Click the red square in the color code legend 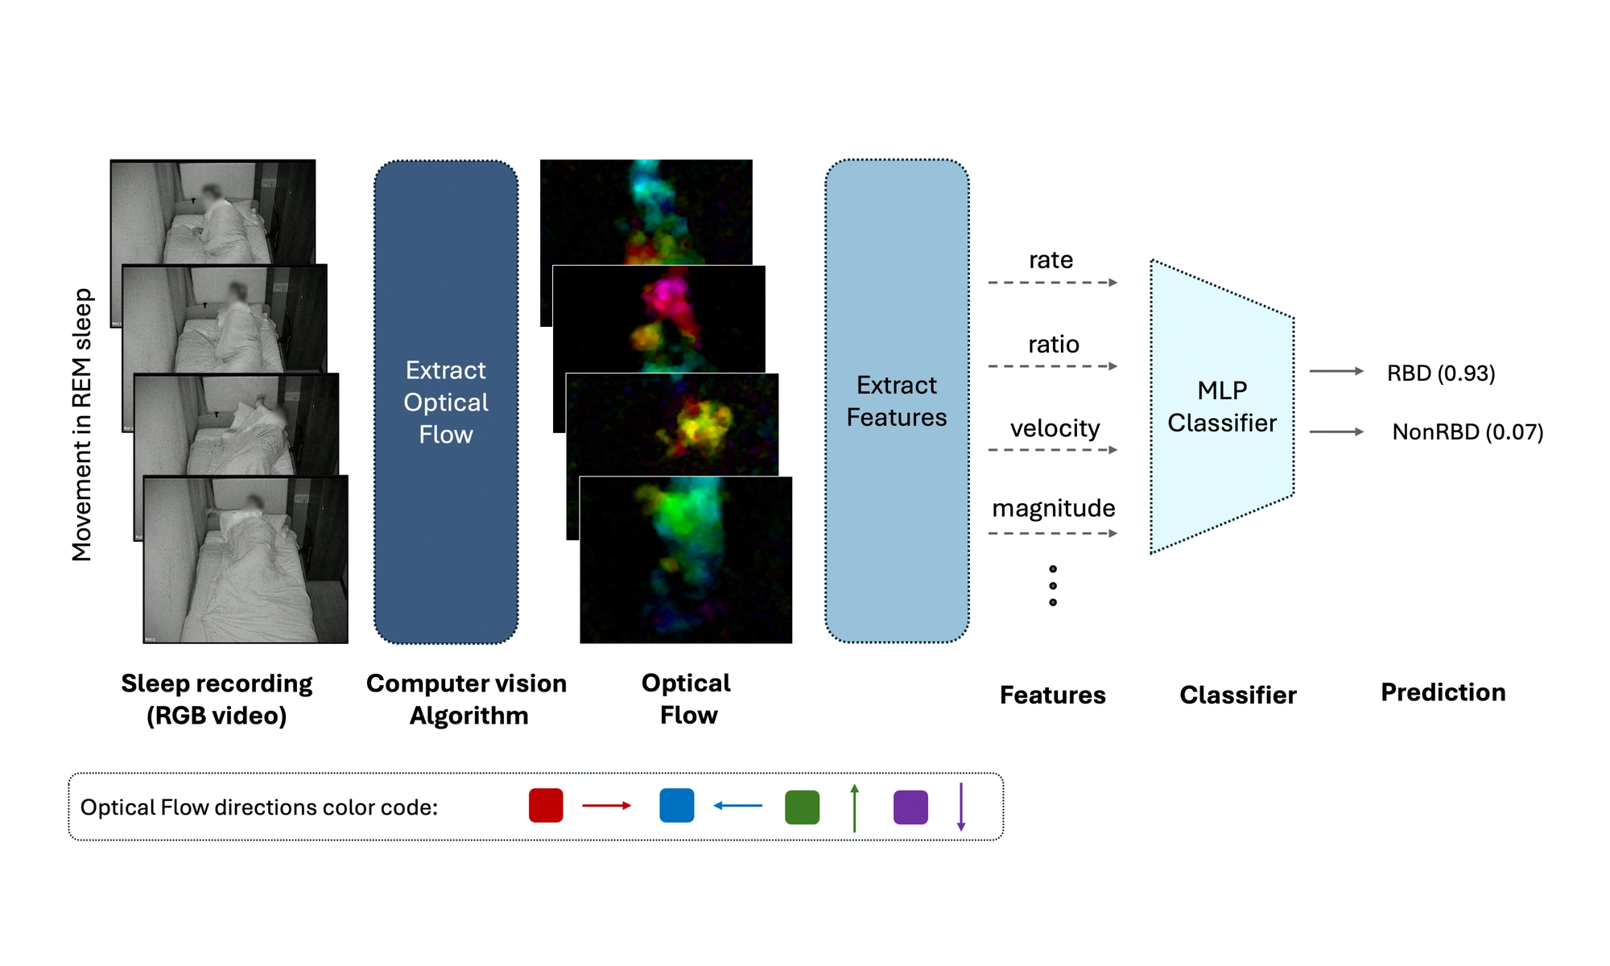click(x=546, y=806)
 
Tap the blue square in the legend click(x=676, y=806)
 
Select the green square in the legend click(x=802, y=807)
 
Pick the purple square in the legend click(x=910, y=807)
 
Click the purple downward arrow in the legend click(x=960, y=807)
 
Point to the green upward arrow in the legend click(x=854, y=807)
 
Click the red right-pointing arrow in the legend click(x=606, y=805)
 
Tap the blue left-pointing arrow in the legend click(x=737, y=805)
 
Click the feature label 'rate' click(x=1051, y=260)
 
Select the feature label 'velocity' click(x=1055, y=428)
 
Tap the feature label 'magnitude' click(x=1053, y=508)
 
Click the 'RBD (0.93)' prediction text click(x=1440, y=374)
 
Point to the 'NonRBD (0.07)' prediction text click(x=1467, y=432)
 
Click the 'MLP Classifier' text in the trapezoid click(x=1221, y=407)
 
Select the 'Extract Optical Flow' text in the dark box click(x=445, y=402)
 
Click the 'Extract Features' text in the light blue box click(x=896, y=401)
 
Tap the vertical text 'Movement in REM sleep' click(x=82, y=424)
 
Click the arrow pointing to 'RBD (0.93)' click(x=1335, y=371)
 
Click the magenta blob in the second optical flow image click(x=667, y=299)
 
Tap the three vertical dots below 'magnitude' click(x=1052, y=585)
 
